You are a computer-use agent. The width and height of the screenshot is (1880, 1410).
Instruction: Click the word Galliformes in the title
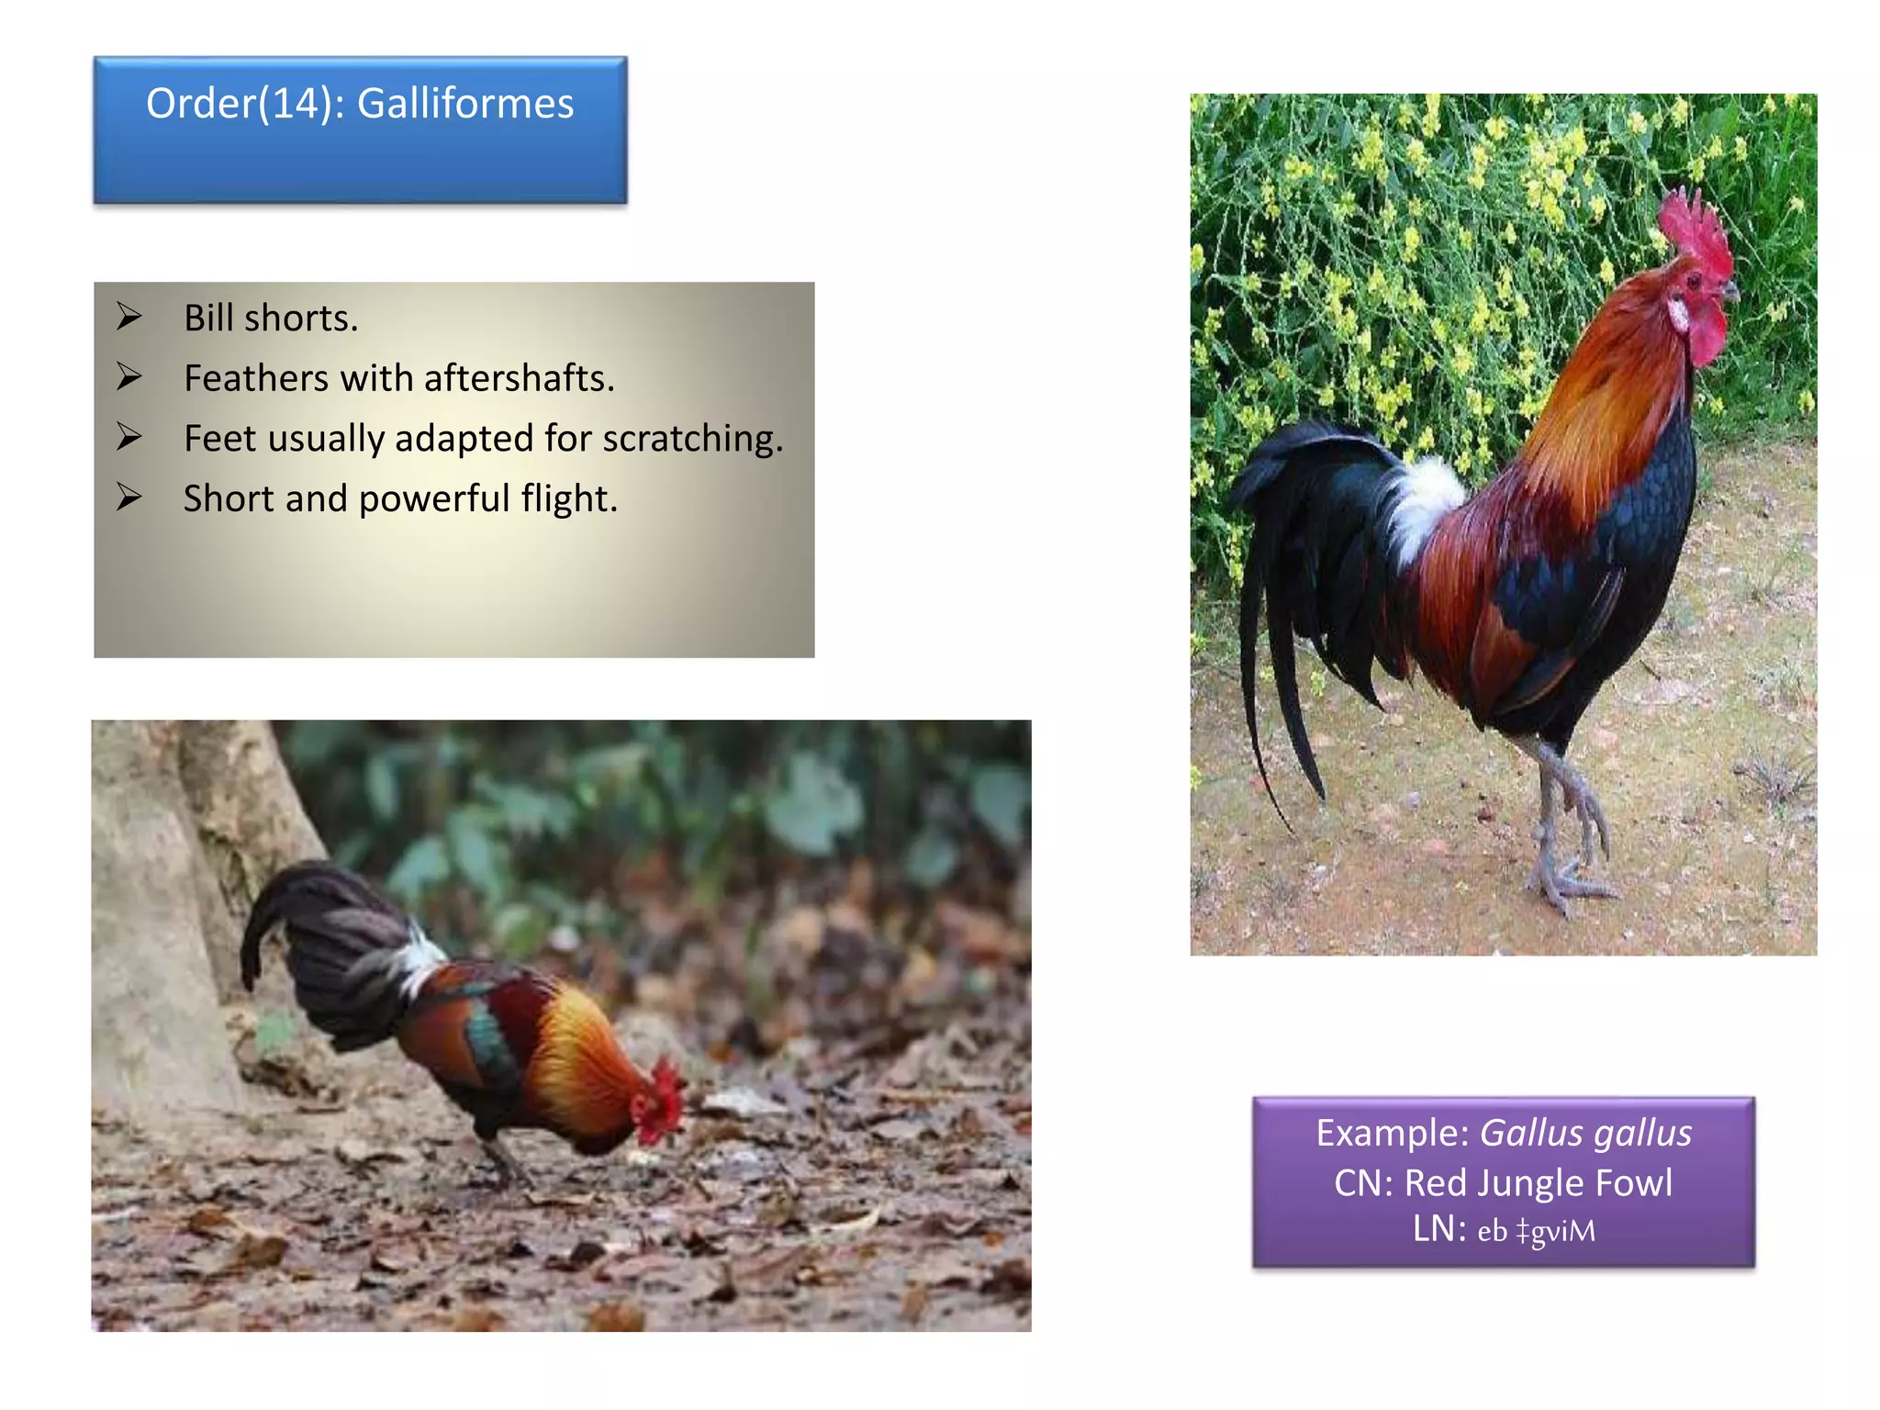coord(464,104)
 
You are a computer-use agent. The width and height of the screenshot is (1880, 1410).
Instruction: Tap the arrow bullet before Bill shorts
coord(129,317)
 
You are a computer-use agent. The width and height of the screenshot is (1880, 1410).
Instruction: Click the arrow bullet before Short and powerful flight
coord(129,497)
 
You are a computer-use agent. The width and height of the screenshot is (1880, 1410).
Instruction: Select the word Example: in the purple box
coord(1393,1134)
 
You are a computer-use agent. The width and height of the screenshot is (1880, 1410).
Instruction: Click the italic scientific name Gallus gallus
coord(1586,1134)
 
